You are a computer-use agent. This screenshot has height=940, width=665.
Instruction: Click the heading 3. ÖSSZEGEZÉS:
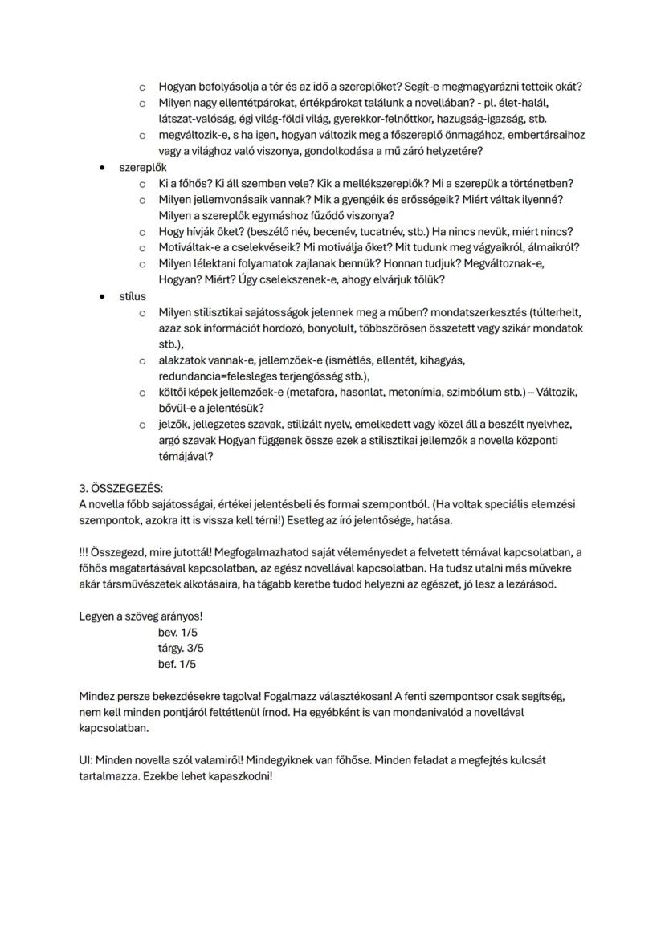click(x=120, y=488)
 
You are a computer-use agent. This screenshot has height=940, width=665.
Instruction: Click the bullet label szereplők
click(x=143, y=168)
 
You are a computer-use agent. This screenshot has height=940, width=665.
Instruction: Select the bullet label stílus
click(x=133, y=296)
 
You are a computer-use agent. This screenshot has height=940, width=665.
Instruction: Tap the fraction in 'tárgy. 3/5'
click(x=196, y=648)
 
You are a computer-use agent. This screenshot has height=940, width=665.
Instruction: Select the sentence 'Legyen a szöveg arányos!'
click(x=141, y=616)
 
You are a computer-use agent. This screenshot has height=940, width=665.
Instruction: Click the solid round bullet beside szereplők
click(x=102, y=168)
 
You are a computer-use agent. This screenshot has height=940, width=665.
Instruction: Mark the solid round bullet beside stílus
click(x=102, y=296)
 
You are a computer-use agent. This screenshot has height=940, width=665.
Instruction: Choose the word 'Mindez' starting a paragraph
click(x=97, y=696)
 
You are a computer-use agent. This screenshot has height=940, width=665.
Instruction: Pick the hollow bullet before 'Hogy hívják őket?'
click(x=142, y=232)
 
